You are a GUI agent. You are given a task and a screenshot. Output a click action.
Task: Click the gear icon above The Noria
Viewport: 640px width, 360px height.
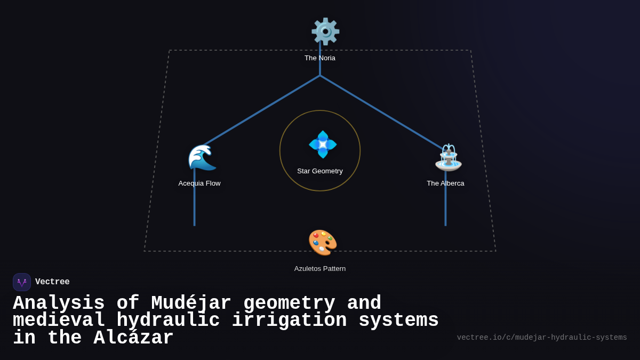click(x=325, y=31)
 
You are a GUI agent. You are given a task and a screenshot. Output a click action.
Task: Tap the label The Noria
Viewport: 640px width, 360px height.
click(x=320, y=58)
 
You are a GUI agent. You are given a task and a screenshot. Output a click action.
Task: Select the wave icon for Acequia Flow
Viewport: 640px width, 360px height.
click(x=202, y=157)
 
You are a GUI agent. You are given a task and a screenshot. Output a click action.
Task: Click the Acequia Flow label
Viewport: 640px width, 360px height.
click(x=199, y=183)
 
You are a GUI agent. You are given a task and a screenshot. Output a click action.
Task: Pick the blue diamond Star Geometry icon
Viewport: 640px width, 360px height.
click(x=323, y=145)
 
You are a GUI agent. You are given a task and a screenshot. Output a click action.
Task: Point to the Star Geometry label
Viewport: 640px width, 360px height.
click(x=320, y=171)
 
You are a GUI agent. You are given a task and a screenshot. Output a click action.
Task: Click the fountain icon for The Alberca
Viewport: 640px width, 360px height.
click(x=448, y=158)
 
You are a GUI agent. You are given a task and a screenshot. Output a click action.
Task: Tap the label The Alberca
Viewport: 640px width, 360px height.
click(x=445, y=183)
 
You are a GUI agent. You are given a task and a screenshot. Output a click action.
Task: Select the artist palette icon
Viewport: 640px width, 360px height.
click(x=323, y=243)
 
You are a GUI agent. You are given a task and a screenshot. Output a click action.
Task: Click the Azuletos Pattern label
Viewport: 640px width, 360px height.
click(x=320, y=269)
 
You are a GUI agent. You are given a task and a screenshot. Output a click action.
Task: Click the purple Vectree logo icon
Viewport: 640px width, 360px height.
click(x=22, y=282)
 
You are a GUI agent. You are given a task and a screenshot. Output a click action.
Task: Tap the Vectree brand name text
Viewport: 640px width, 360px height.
click(x=52, y=282)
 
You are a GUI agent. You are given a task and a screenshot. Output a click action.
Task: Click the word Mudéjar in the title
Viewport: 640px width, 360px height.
click(x=191, y=303)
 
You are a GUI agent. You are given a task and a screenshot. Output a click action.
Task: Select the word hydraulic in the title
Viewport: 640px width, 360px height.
click(x=168, y=321)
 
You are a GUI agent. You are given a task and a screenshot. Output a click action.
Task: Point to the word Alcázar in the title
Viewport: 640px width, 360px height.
click(x=133, y=338)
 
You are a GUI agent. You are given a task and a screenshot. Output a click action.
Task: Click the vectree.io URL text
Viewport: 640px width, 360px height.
click(x=542, y=338)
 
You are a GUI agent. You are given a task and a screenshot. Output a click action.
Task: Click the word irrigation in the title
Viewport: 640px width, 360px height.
click(x=289, y=321)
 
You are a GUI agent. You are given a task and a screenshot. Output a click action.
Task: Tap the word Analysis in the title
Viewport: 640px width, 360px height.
click(x=59, y=303)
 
